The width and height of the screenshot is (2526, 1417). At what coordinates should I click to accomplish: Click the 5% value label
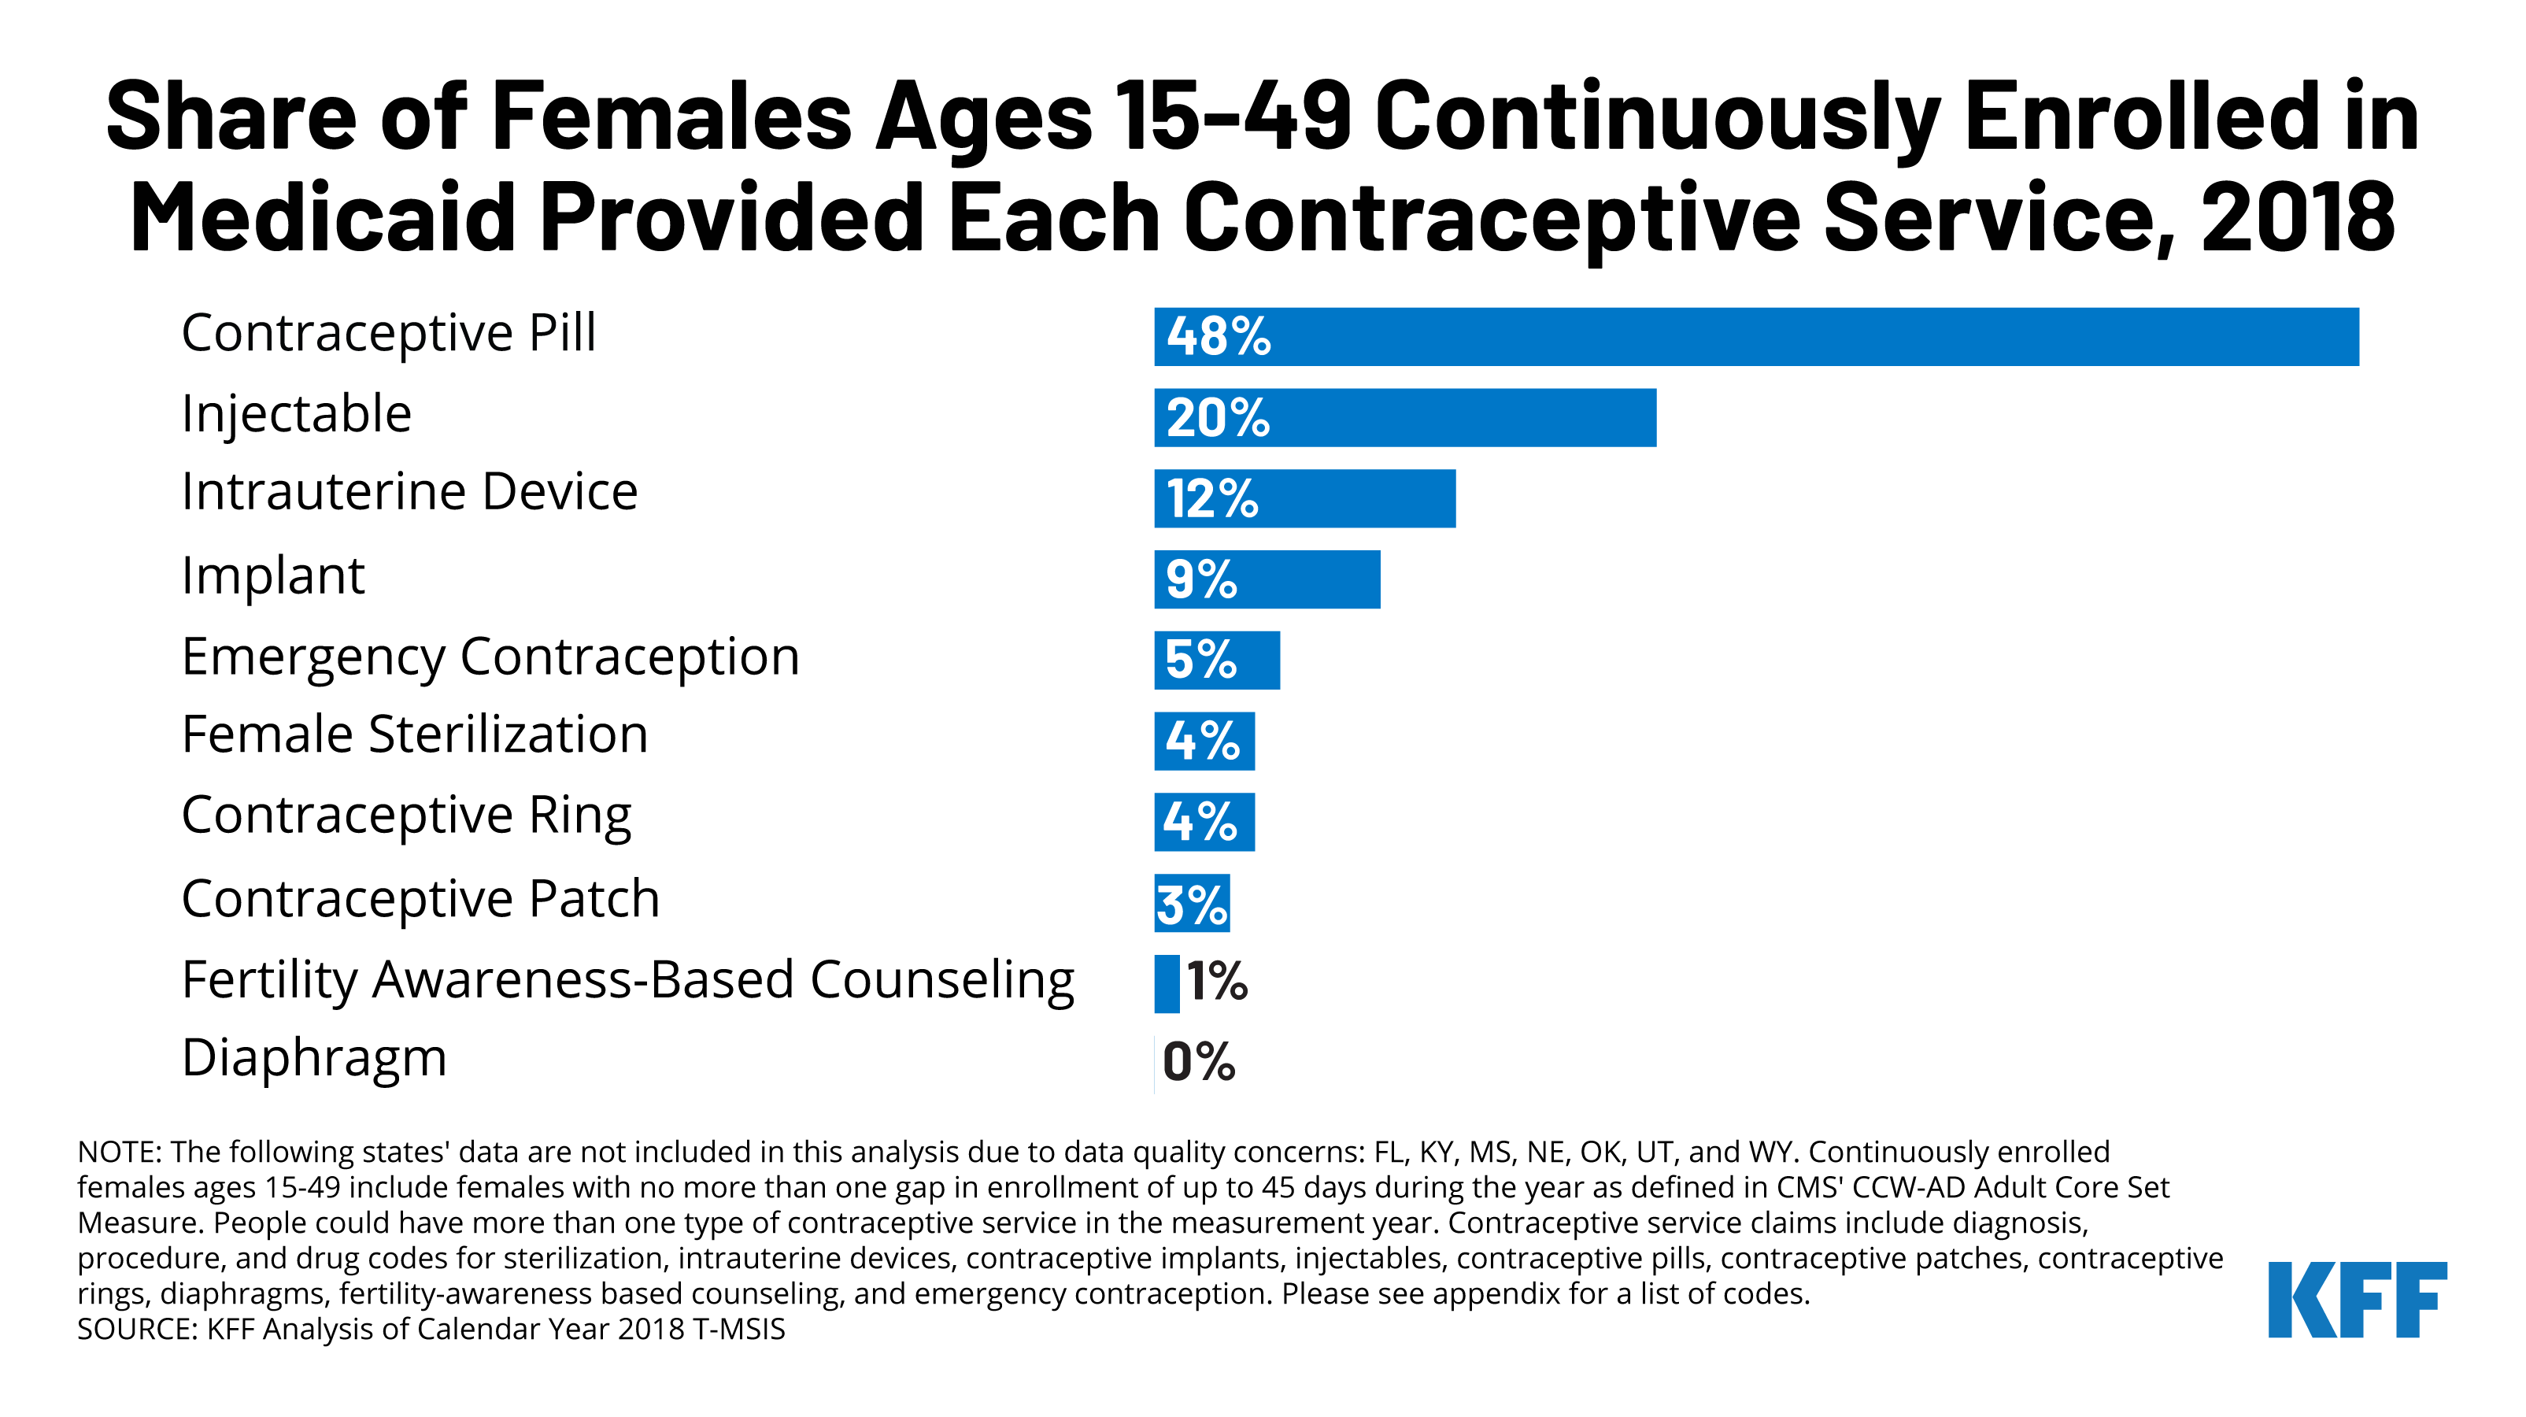pyautogui.click(x=1200, y=659)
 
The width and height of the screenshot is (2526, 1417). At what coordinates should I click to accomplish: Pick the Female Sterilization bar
pyautogui.click(x=1204, y=742)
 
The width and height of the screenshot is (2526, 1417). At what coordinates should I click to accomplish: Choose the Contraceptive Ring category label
pyautogui.click(x=406, y=815)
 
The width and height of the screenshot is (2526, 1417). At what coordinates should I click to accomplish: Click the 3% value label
pyautogui.click(x=1192, y=905)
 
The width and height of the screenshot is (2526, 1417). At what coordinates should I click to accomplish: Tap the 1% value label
pyautogui.click(x=1216, y=982)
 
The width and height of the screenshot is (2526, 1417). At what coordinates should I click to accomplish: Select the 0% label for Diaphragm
pyautogui.click(x=1198, y=1062)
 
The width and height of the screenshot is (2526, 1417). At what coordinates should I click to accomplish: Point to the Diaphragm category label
pyautogui.click(x=314, y=1058)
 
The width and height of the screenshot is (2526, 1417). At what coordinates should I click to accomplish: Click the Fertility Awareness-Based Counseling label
pyautogui.click(x=627, y=979)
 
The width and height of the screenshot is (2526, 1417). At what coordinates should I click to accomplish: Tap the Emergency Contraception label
pyautogui.click(x=490, y=656)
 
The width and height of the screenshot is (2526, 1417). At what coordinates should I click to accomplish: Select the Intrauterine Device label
pyautogui.click(x=409, y=491)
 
